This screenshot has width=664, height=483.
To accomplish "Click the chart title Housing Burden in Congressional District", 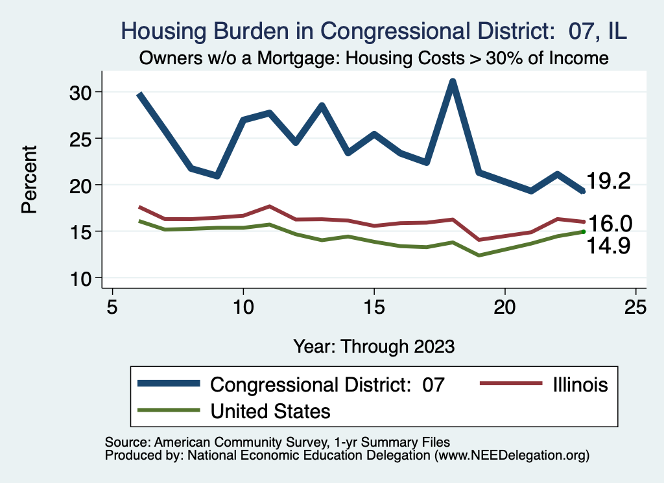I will point(374,30).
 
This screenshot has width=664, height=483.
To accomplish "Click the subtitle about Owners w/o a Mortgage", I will point(374,58).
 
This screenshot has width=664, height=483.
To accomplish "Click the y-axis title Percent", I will point(29,185).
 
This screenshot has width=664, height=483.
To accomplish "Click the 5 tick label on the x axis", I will point(112,307).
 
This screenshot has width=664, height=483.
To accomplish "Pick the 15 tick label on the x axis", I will point(373,307).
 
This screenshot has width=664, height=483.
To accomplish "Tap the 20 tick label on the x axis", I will point(504,307).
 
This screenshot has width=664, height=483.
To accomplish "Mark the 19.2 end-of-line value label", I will point(608,182).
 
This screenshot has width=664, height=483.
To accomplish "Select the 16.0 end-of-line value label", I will point(608,224).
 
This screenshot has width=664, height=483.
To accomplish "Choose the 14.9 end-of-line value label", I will point(608,246).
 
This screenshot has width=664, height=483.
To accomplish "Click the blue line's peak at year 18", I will point(453,82).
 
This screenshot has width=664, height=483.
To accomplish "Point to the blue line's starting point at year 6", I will point(139,95).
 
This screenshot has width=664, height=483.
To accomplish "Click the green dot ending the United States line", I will point(584,231).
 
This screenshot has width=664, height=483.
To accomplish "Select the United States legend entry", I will point(270,410).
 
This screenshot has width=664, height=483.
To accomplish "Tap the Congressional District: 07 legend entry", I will point(327,384).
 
